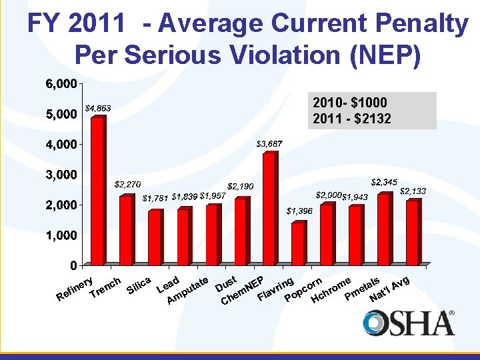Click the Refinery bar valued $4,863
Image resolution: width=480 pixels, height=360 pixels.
pyautogui.click(x=98, y=192)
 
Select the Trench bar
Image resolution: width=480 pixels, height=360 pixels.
pyautogui.click(x=127, y=231)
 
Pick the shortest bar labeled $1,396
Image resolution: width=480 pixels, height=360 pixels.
pyautogui.click(x=298, y=244)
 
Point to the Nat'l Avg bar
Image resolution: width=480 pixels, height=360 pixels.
pyautogui.click(x=413, y=233)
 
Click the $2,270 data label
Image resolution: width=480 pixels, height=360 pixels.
pyautogui.click(x=127, y=183)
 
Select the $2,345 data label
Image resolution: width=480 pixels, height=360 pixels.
pyautogui.click(x=385, y=181)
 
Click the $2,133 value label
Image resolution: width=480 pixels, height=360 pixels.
pyautogui.click(x=413, y=191)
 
